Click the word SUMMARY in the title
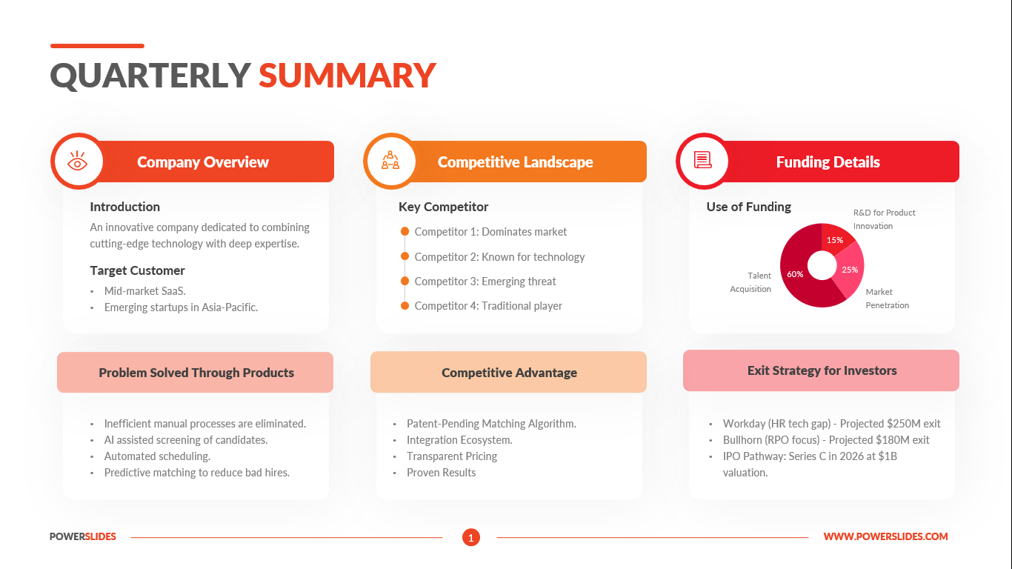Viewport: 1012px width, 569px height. point(347,76)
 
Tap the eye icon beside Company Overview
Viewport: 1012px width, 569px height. point(77,162)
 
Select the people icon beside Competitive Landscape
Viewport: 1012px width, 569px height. point(390,161)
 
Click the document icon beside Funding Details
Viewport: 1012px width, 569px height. point(702,160)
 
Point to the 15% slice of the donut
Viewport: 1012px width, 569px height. point(835,240)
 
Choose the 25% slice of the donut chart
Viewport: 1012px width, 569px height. point(849,270)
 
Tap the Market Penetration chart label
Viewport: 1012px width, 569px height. point(887,299)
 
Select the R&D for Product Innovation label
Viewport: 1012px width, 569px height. point(884,219)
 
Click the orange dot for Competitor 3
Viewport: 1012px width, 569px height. point(405,281)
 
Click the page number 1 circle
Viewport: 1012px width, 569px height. point(471,537)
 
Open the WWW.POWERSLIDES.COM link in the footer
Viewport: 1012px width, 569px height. point(885,536)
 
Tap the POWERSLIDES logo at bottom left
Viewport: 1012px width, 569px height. point(83,536)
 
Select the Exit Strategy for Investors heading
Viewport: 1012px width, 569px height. point(822,370)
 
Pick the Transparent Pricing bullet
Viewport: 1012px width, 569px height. point(452,456)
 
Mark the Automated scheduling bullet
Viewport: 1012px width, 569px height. point(157,456)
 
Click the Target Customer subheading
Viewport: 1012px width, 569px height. point(137,270)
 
